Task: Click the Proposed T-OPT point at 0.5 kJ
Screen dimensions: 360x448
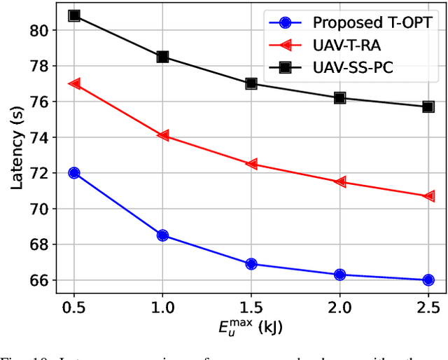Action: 74,172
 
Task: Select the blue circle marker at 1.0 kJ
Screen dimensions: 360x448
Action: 162,235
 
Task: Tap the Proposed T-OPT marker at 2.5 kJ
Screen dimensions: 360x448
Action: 428,280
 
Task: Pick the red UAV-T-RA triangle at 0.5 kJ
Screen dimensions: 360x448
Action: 74,83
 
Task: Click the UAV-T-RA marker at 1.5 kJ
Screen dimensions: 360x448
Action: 251,164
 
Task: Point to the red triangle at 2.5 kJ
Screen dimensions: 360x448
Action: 428,196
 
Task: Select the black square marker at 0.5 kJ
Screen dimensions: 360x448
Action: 74,15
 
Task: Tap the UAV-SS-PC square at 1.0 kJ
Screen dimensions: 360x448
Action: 162,57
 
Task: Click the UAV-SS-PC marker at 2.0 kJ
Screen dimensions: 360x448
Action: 339,98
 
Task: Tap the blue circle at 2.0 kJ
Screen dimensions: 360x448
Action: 339,275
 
